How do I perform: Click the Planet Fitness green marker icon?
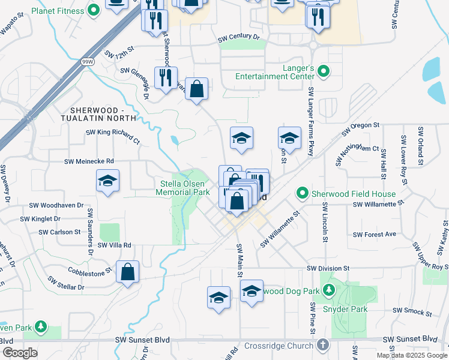(x=93, y=10)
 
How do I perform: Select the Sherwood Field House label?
(x=354, y=194)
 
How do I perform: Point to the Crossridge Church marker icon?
(x=323, y=345)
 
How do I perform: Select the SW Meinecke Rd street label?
(x=89, y=161)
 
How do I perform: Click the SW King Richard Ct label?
(x=112, y=136)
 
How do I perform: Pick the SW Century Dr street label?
(x=239, y=37)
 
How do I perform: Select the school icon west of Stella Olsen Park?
(x=108, y=181)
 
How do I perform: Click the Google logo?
(x=19, y=352)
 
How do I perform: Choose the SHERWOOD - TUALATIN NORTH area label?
(x=108, y=115)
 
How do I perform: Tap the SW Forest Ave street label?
(x=375, y=235)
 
